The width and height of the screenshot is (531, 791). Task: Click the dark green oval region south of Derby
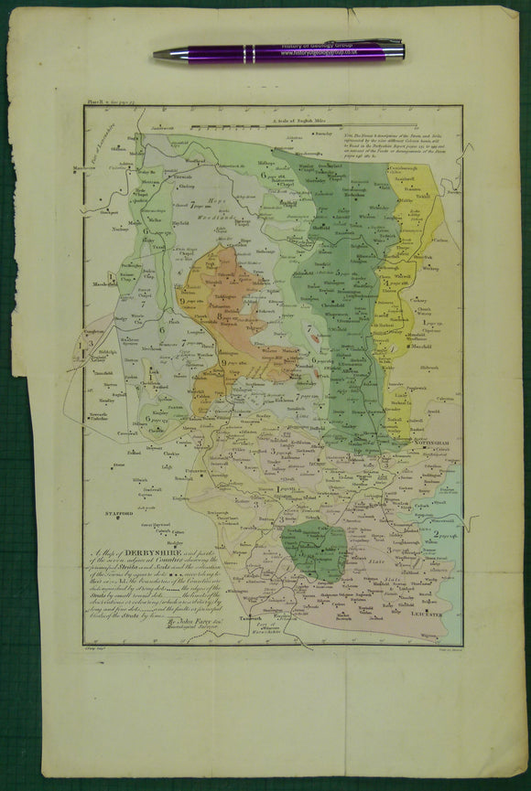pyautogui.click(x=314, y=550)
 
